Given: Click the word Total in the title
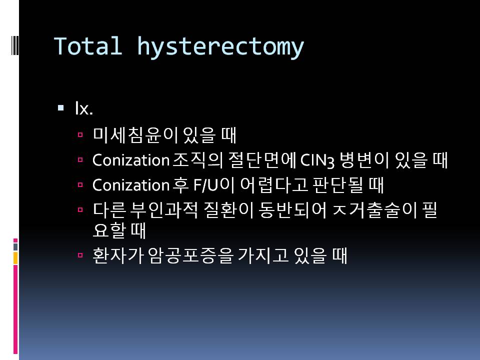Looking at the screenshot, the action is (88, 46).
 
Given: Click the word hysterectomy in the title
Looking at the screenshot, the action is (220, 47).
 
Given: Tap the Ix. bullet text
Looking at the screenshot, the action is (84, 108).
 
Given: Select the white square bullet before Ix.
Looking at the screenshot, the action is (60, 108).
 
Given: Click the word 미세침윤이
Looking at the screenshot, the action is (135, 135).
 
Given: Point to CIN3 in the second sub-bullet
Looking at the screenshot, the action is (317, 160).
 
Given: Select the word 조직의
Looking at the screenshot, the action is (197, 160).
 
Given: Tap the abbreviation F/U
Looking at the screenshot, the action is (205, 185).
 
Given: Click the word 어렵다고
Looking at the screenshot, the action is (273, 185).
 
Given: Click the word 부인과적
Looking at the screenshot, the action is (164, 210).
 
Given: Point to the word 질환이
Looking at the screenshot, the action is (228, 210).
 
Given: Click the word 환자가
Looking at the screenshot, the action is (118, 255).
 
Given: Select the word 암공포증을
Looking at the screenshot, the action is (190, 255).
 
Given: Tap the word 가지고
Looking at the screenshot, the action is (263, 255).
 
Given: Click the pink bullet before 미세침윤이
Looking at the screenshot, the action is (80, 134).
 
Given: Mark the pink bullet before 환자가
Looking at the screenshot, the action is (80, 255).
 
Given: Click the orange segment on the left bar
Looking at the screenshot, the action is (15, 258).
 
